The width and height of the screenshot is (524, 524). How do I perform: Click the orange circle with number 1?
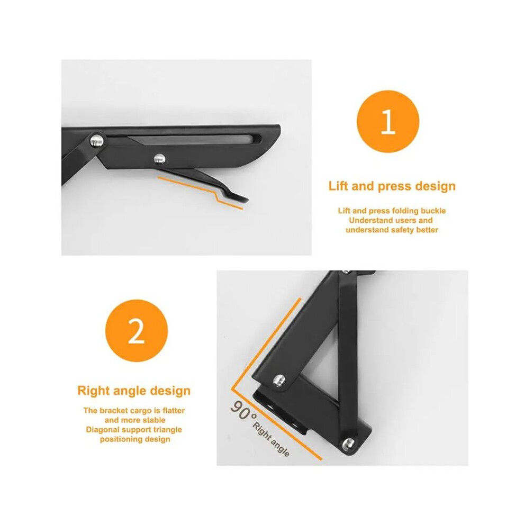(x=387, y=122)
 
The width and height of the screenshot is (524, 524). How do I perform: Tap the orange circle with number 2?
(x=137, y=331)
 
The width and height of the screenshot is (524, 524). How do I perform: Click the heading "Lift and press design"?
(x=392, y=186)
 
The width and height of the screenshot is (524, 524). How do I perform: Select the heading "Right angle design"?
(x=134, y=391)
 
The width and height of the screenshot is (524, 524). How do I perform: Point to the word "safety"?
(x=401, y=230)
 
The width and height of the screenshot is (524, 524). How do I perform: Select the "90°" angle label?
(x=243, y=410)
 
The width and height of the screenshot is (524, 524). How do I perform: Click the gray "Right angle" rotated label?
(x=271, y=439)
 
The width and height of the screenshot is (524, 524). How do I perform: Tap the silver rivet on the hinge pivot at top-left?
(x=97, y=140)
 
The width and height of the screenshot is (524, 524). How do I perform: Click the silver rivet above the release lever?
(x=160, y=159)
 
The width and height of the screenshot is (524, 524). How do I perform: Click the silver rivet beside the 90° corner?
(x=279, y=381)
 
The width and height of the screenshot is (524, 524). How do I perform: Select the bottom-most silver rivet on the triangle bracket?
(x=348, y=444)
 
